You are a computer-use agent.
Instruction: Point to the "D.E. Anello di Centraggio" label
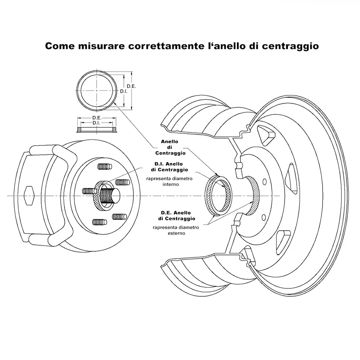(177, 216)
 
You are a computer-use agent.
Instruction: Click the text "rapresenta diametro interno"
(170, 181)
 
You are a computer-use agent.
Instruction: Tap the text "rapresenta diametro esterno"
(176, 230)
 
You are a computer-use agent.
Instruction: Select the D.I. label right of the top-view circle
(124, 91)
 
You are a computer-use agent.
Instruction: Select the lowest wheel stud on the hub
(99, 222)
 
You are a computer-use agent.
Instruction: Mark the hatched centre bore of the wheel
(255, 195)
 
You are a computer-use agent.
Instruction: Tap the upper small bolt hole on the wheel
(265, 182)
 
